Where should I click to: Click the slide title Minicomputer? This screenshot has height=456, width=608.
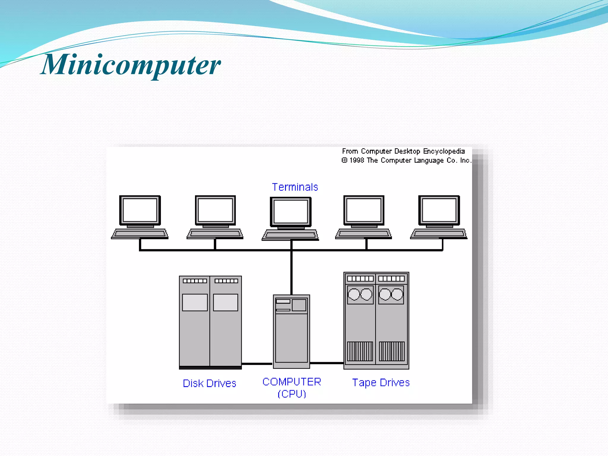point(131,65)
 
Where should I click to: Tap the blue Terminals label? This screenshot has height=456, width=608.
point(295,187)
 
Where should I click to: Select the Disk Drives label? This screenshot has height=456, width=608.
point(209,383)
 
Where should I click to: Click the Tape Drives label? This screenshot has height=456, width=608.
point(381,382)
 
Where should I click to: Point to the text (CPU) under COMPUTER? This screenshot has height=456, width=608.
point(292,394)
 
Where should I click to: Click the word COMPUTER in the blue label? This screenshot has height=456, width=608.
point(292,382)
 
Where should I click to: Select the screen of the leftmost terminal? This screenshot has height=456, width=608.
point(140,210)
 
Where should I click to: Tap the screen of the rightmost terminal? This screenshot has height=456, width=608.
point(439,210)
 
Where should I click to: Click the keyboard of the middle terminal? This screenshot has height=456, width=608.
point(290,235)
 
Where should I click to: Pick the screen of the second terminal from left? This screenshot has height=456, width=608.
point(215,210)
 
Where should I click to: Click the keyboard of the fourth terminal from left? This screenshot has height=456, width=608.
point(364,234)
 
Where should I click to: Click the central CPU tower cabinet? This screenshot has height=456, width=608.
point(291,335)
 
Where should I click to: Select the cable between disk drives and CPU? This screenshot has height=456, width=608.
point(257,364)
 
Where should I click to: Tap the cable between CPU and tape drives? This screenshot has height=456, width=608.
point(327,363)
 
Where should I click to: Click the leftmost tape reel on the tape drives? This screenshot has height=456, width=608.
point(354,294)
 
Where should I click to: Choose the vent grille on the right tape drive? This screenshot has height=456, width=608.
point(392,351)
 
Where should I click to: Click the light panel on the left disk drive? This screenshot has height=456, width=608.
point(195,302)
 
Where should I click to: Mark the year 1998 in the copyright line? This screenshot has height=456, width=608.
point(357,161)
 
